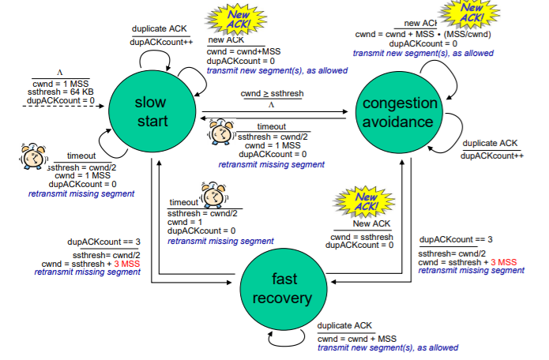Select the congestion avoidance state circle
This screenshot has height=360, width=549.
pyautogui.click(x=400, y=111)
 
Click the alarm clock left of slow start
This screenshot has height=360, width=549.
pyautogui.click(x=31, y=158)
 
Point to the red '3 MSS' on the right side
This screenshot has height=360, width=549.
pyautogui.click(x=503, y=261)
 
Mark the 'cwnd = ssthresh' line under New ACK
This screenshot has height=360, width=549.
pyautogui.click(x=361, y=236)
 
